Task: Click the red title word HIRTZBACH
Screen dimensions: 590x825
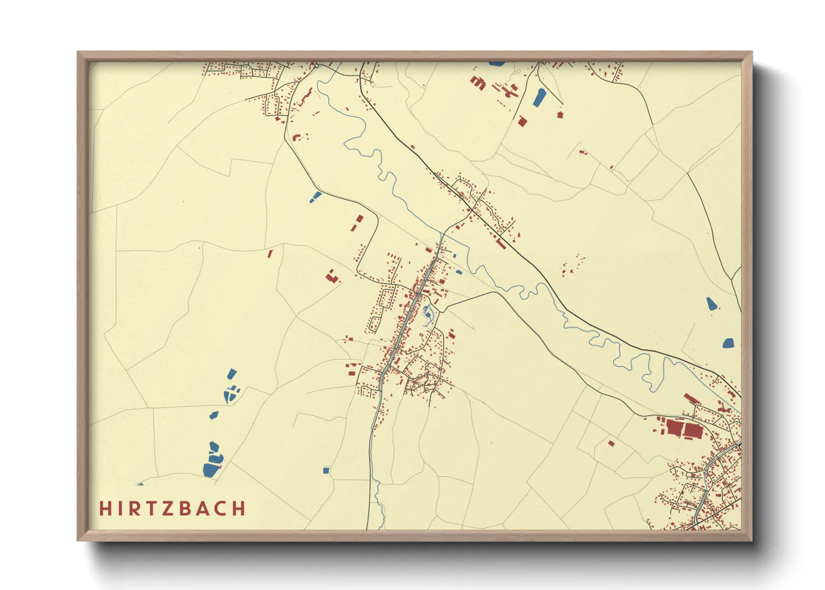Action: pyautogui.click(x=172, y=509)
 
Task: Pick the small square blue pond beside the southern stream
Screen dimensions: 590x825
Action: pyautogui.click(x=326, y=471)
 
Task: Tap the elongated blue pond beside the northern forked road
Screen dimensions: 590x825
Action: pyautogui.click(x=539, y=98)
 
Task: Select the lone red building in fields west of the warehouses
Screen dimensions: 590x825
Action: pyautogui.click(x=611, y=444)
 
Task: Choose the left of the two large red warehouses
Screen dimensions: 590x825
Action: pyautogui.click(x=674, y=428)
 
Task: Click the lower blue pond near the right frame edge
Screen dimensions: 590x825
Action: pyautogui.click(x=728, y=343)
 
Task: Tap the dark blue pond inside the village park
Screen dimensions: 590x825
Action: pyautogui.click(x=428, y=316)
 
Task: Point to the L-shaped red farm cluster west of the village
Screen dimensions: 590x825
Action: pyautogui.click(x=333, y=277)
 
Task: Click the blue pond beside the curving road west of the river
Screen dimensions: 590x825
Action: pyautogui.click(x=316, y=197)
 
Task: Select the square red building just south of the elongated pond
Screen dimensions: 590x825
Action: pyautogui.click(x=522, y=121)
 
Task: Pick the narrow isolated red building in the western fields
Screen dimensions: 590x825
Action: pyautogui.click(x=270, y=254)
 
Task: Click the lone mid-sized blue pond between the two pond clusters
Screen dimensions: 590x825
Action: pyautogui.click(x=214, y=415)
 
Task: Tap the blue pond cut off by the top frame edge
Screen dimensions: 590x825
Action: pyautogui.click(x=496, y=64)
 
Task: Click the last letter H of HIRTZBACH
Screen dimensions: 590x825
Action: pyautogui.click(x=239, y=509)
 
